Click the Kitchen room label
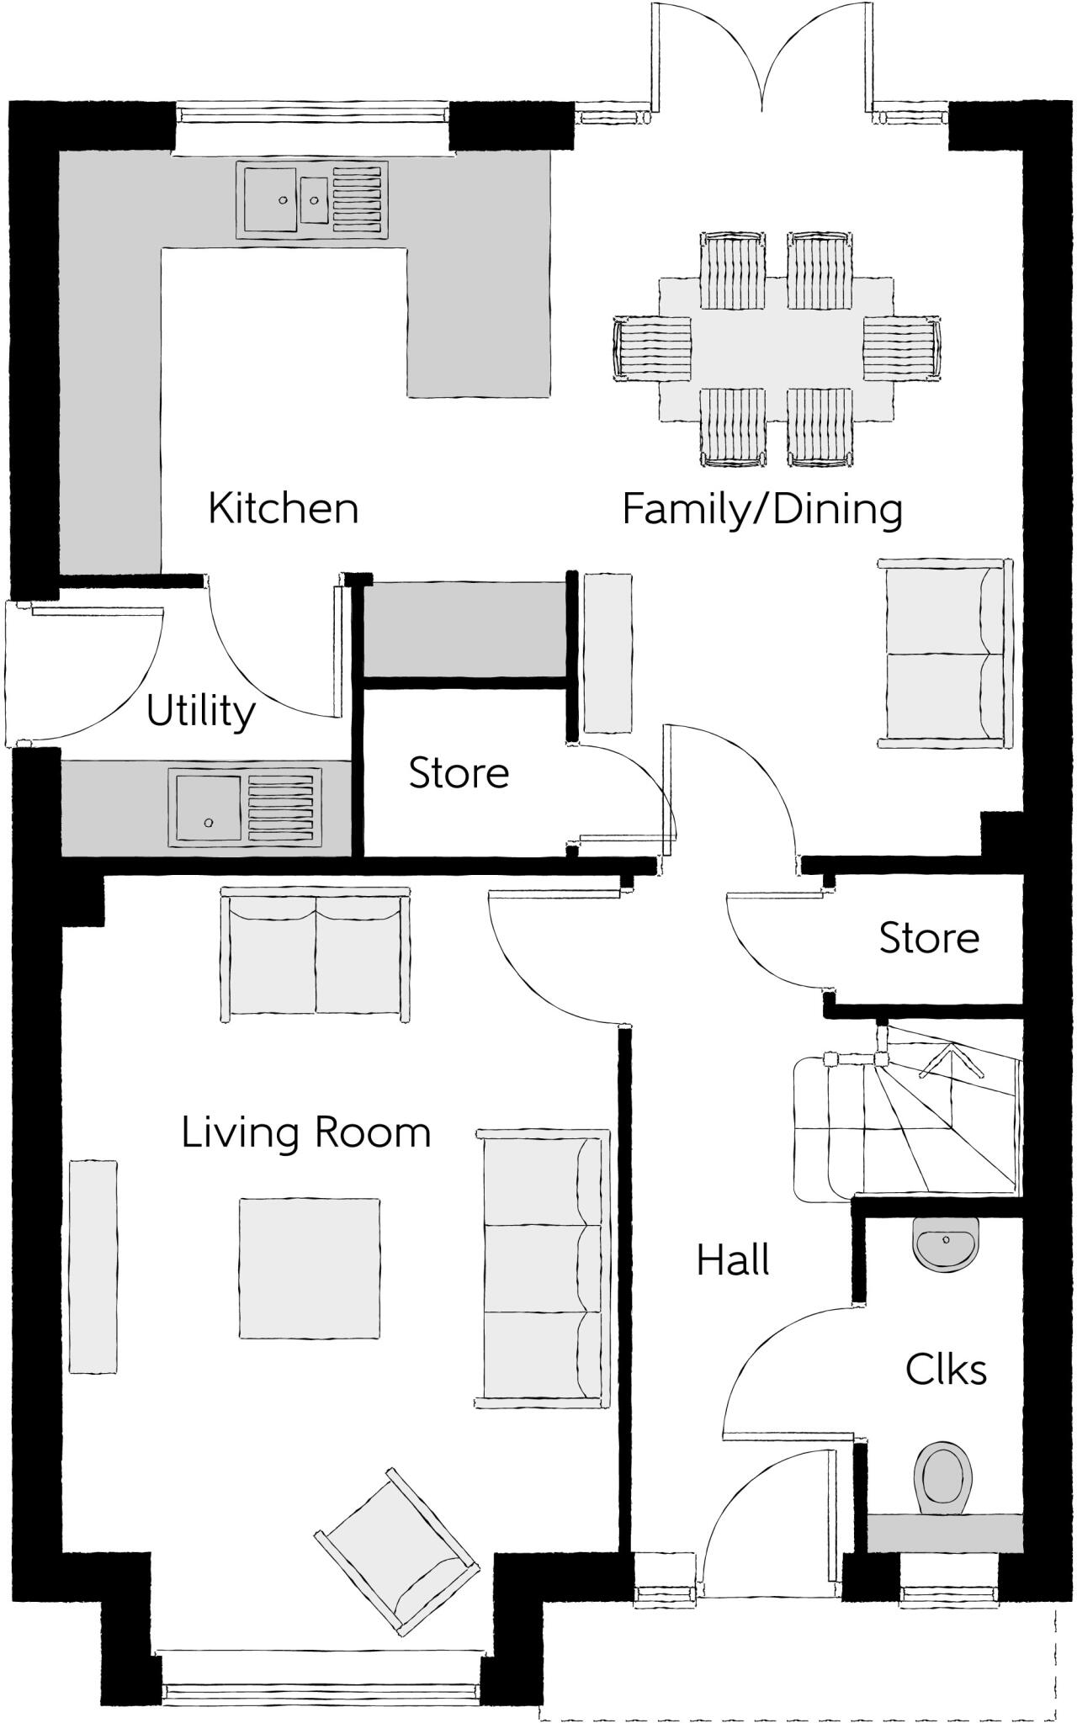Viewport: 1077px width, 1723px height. tap(283, 508)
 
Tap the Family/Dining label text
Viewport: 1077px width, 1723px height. tap(762, 509)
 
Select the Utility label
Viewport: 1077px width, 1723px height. tap(200, 712)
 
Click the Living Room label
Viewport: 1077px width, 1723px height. tap(306, 1132)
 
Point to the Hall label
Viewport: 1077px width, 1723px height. tap(733, 1260)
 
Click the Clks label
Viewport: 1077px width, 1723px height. tap(946, 1370)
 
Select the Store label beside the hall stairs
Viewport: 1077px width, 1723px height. tap(929, 938)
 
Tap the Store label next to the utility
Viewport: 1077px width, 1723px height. tap(459, 773)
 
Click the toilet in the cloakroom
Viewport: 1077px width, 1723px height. tap(944, 1478)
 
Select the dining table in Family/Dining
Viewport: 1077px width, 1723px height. tap(775, 348)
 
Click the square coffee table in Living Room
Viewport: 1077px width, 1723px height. tap(309, 1268)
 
